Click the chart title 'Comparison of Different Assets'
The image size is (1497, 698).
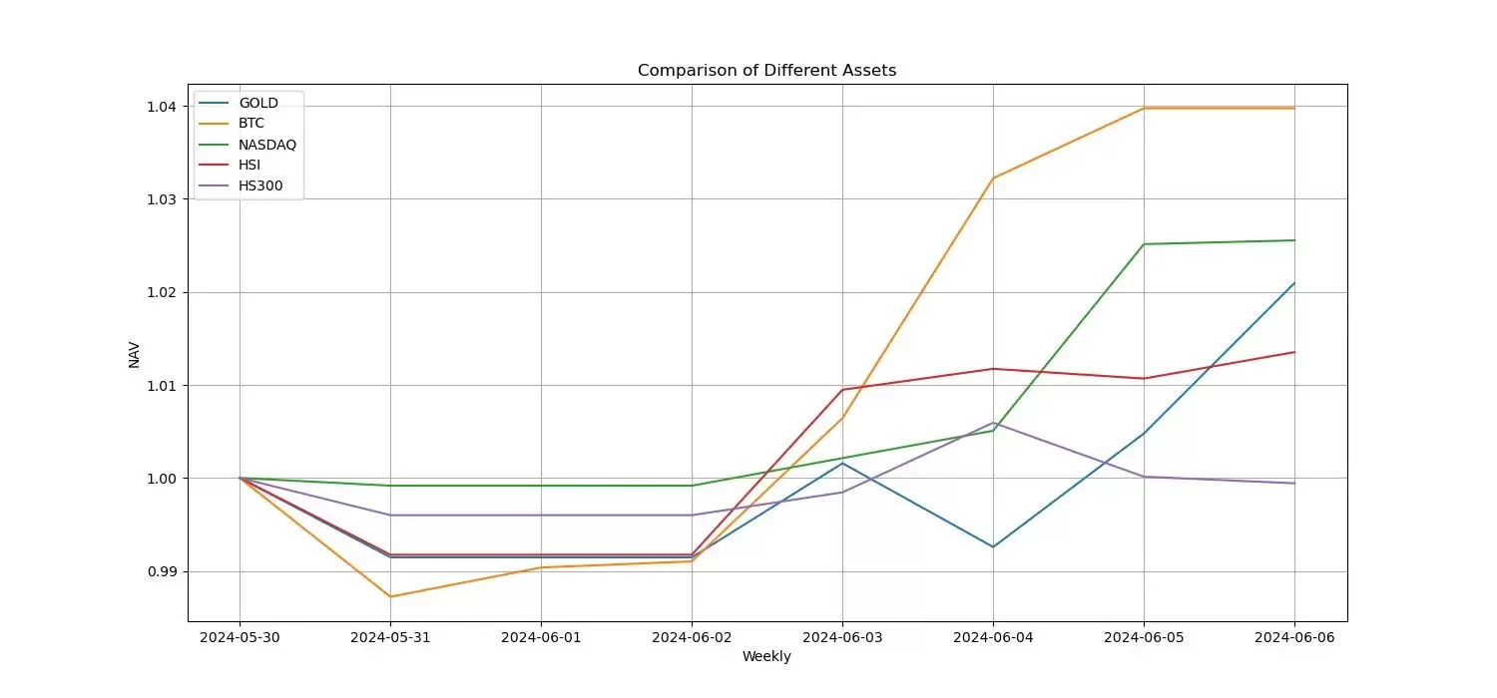point(766,71)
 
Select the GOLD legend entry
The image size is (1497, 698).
point(257,103)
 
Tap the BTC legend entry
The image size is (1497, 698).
point(251,124)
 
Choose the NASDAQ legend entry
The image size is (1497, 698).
point(267,145)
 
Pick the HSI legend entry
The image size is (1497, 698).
point(249,165)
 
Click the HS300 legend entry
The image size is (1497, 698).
point(260,185)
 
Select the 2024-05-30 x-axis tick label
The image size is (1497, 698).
point(240,636)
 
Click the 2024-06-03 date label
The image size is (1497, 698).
point(842,636)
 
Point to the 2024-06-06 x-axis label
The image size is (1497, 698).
point(1294,636)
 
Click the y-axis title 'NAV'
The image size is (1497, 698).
point(135,354)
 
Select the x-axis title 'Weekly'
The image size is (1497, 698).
point(766,656)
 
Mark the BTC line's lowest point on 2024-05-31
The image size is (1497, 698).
point(390,596)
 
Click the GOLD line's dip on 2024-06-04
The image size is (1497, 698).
point(993,546)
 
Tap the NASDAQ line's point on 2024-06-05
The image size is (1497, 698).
point(1144,244)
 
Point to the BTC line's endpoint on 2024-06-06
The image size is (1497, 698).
point(1294,108)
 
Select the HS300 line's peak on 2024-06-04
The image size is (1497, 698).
point(993,423)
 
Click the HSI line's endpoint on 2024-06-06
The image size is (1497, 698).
point(1294,352)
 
